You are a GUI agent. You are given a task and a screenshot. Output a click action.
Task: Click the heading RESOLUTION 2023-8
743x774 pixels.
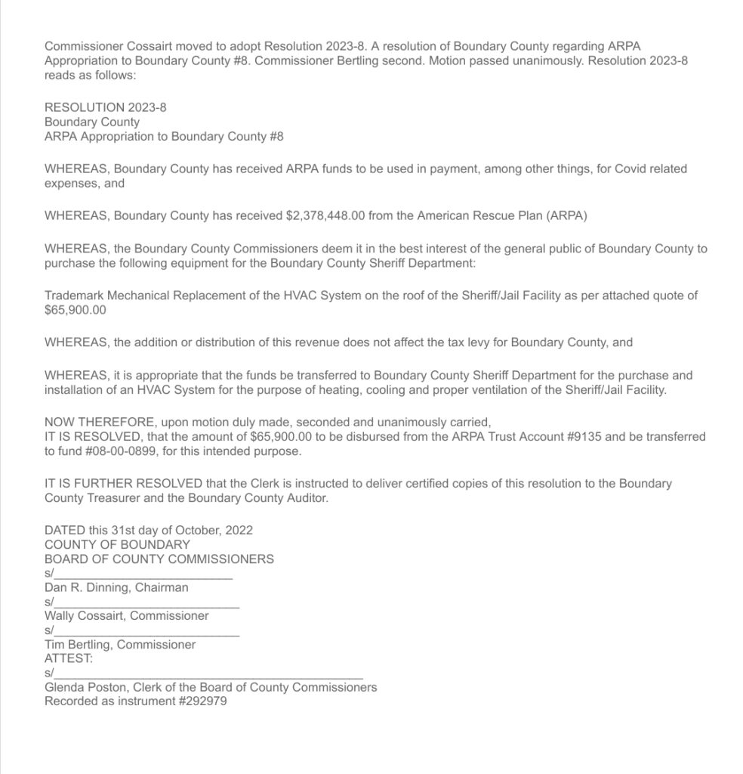click(x=106, y=107)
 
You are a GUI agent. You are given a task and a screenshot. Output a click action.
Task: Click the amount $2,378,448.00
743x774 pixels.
click(x=326, y=215)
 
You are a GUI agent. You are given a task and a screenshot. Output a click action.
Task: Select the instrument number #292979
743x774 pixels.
click(x=203, y=701)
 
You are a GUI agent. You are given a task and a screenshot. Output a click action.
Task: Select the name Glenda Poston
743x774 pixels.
click(x=82, y=688)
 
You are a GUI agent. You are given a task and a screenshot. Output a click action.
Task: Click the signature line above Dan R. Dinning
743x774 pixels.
click(x=143, y=577)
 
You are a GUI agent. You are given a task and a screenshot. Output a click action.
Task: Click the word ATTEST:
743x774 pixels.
click(x=69, y=658)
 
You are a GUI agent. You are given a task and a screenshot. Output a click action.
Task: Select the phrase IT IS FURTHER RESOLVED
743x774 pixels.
click(x=123, y=484)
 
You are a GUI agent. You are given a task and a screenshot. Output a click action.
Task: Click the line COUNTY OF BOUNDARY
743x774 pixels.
click(x=117, y=544)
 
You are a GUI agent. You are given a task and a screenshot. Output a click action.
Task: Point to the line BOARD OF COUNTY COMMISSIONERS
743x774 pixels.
click(x=159, y=559)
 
